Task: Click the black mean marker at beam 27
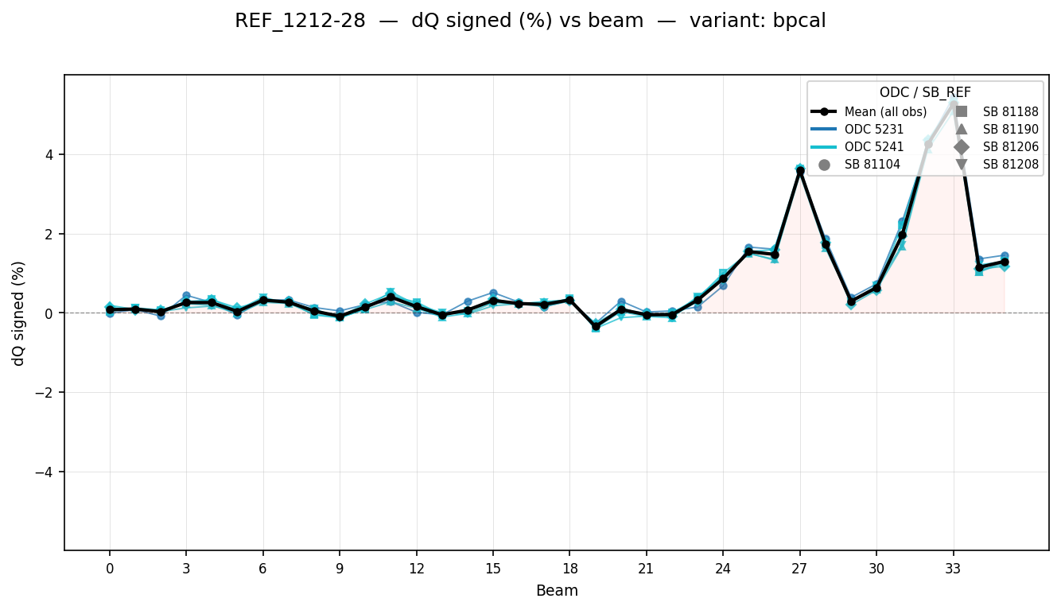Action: click(800, 171)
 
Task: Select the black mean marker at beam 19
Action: click(596, 326)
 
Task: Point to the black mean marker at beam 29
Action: click(851, 301)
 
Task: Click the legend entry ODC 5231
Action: click(873, 129)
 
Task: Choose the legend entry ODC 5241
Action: click(873, 147)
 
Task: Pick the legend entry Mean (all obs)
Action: click(881, 111)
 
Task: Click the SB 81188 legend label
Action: click(1010, 111)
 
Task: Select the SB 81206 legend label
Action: click(1010, 147)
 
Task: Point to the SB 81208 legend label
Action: click(1010, 165)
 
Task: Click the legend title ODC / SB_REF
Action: click(925, 92)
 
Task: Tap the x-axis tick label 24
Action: click(723, 569)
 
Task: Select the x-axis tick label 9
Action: click(340, 569)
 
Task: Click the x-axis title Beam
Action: click(557, 591)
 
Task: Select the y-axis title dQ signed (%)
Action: click(19, 313)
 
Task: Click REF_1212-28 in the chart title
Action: click(300, 21)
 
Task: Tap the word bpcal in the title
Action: click(802, 21)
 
